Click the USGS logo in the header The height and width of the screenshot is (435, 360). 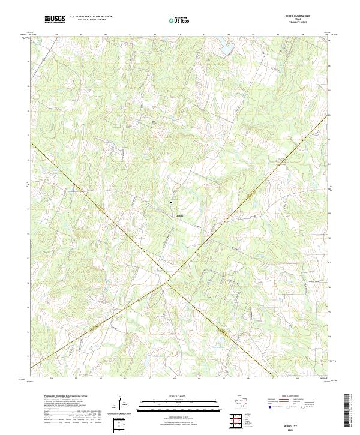click(55, 19)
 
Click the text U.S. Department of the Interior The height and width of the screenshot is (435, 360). click(91, 17)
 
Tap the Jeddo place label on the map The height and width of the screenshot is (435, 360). click(179, 214)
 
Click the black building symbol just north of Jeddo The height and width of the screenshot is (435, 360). click(172, 202)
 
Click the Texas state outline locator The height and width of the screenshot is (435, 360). click(241, 402)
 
